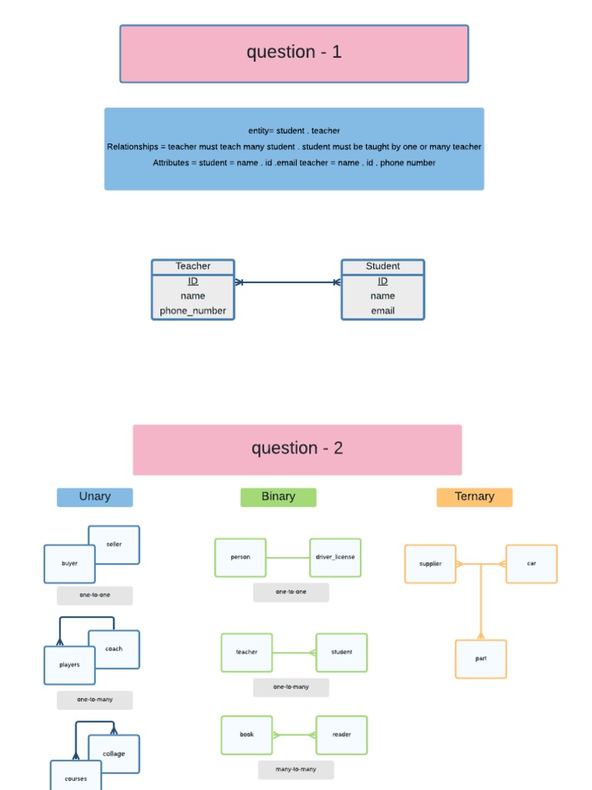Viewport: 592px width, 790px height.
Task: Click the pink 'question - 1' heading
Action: pos(294,53)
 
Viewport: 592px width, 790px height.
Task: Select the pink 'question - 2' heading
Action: pos(297,449)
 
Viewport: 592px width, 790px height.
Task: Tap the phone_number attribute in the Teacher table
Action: pos(193,311)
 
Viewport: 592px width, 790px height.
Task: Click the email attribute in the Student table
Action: pos(382,311)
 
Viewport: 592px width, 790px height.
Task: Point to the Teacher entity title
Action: pos(193,266)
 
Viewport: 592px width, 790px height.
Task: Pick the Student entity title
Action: pos(382,266)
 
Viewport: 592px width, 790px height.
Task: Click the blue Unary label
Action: pos(95,497)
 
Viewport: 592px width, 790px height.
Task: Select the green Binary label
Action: pos(278,497)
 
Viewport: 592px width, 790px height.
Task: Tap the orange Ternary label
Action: pos(474,497)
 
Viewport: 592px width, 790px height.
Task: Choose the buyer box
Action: pos(69,564)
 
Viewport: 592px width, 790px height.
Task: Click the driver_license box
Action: pos(335,557)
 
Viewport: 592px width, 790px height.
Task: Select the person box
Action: pos(240,557)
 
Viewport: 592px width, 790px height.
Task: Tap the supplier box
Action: pos(430,564)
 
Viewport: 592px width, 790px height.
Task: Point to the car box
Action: pos(531,564)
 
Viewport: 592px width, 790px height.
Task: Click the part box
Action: pos(481,659)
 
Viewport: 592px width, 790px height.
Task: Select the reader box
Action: pos(341,734)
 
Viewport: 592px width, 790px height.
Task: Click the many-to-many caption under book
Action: pos(296,769)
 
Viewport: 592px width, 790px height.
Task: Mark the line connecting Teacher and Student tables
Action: pos(288,282)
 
